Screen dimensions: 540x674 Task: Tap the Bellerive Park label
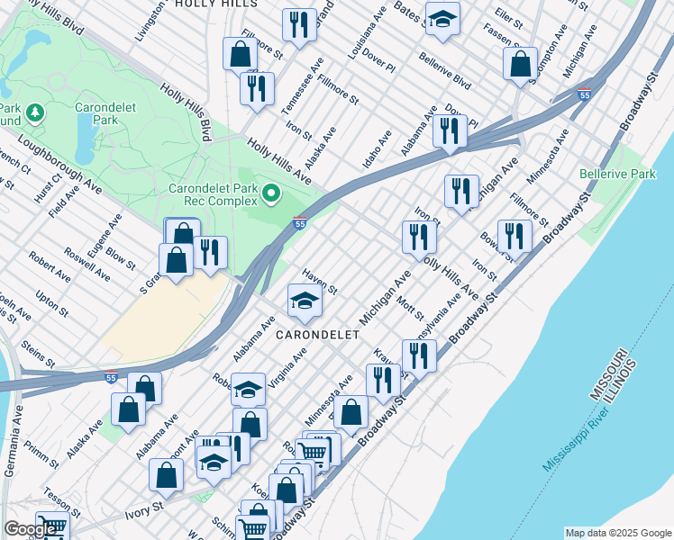[617, 174]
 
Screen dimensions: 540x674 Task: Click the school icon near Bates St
[442, 20]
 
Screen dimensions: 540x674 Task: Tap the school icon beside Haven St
[305, 301]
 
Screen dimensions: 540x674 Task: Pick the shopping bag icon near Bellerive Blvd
[520, 64]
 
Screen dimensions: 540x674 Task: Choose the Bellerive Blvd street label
[445, 70]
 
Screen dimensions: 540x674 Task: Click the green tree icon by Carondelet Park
[35, 112]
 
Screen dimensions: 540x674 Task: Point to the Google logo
[30, 529]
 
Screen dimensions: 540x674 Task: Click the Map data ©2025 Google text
[617, 533]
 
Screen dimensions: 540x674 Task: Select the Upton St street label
[51, 302]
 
